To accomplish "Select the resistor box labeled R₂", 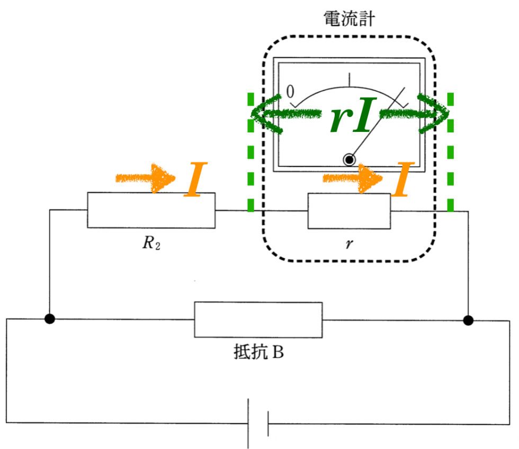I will click(x=151, y=210).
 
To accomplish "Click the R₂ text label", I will click(x=150, y=245).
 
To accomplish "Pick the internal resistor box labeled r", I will click(x=349, y=211).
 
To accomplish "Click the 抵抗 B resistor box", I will click(x=258, y=319).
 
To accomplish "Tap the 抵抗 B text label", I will click(x=258, y=352).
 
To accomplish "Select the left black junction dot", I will click(x=50, y=319).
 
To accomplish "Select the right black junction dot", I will click(x=468, y=320).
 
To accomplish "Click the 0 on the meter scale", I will click(x=290, y=91).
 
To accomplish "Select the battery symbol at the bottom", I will click(x=258, y=424).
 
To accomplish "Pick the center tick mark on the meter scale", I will click(x=349, y=79).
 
